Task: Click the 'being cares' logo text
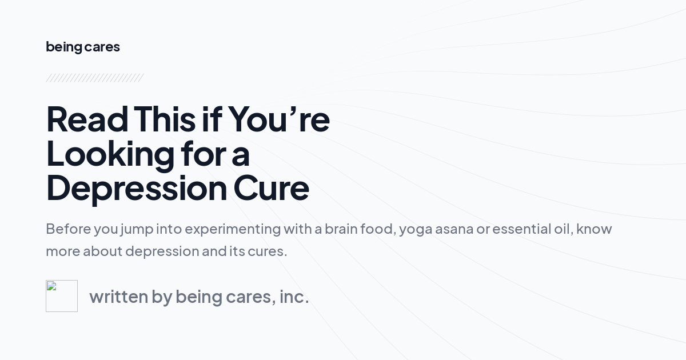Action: tap(83, 47)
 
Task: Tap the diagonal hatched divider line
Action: tap(94, 78)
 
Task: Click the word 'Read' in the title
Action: tap(87, 119)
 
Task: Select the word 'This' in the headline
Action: tap(165, 119)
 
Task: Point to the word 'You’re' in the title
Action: tap(279, 119)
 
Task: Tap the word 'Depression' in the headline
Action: tap(136, 188)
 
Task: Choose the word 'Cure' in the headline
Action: tap(271, 188)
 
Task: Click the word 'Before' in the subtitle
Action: tap(67, 229)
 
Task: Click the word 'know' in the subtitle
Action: tap(594, 229)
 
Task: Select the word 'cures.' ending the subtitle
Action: tap(267, 251)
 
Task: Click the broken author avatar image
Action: tap(62, 296)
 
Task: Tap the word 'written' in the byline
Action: tap(118, 297)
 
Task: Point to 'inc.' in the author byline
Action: tap(294, 297)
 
